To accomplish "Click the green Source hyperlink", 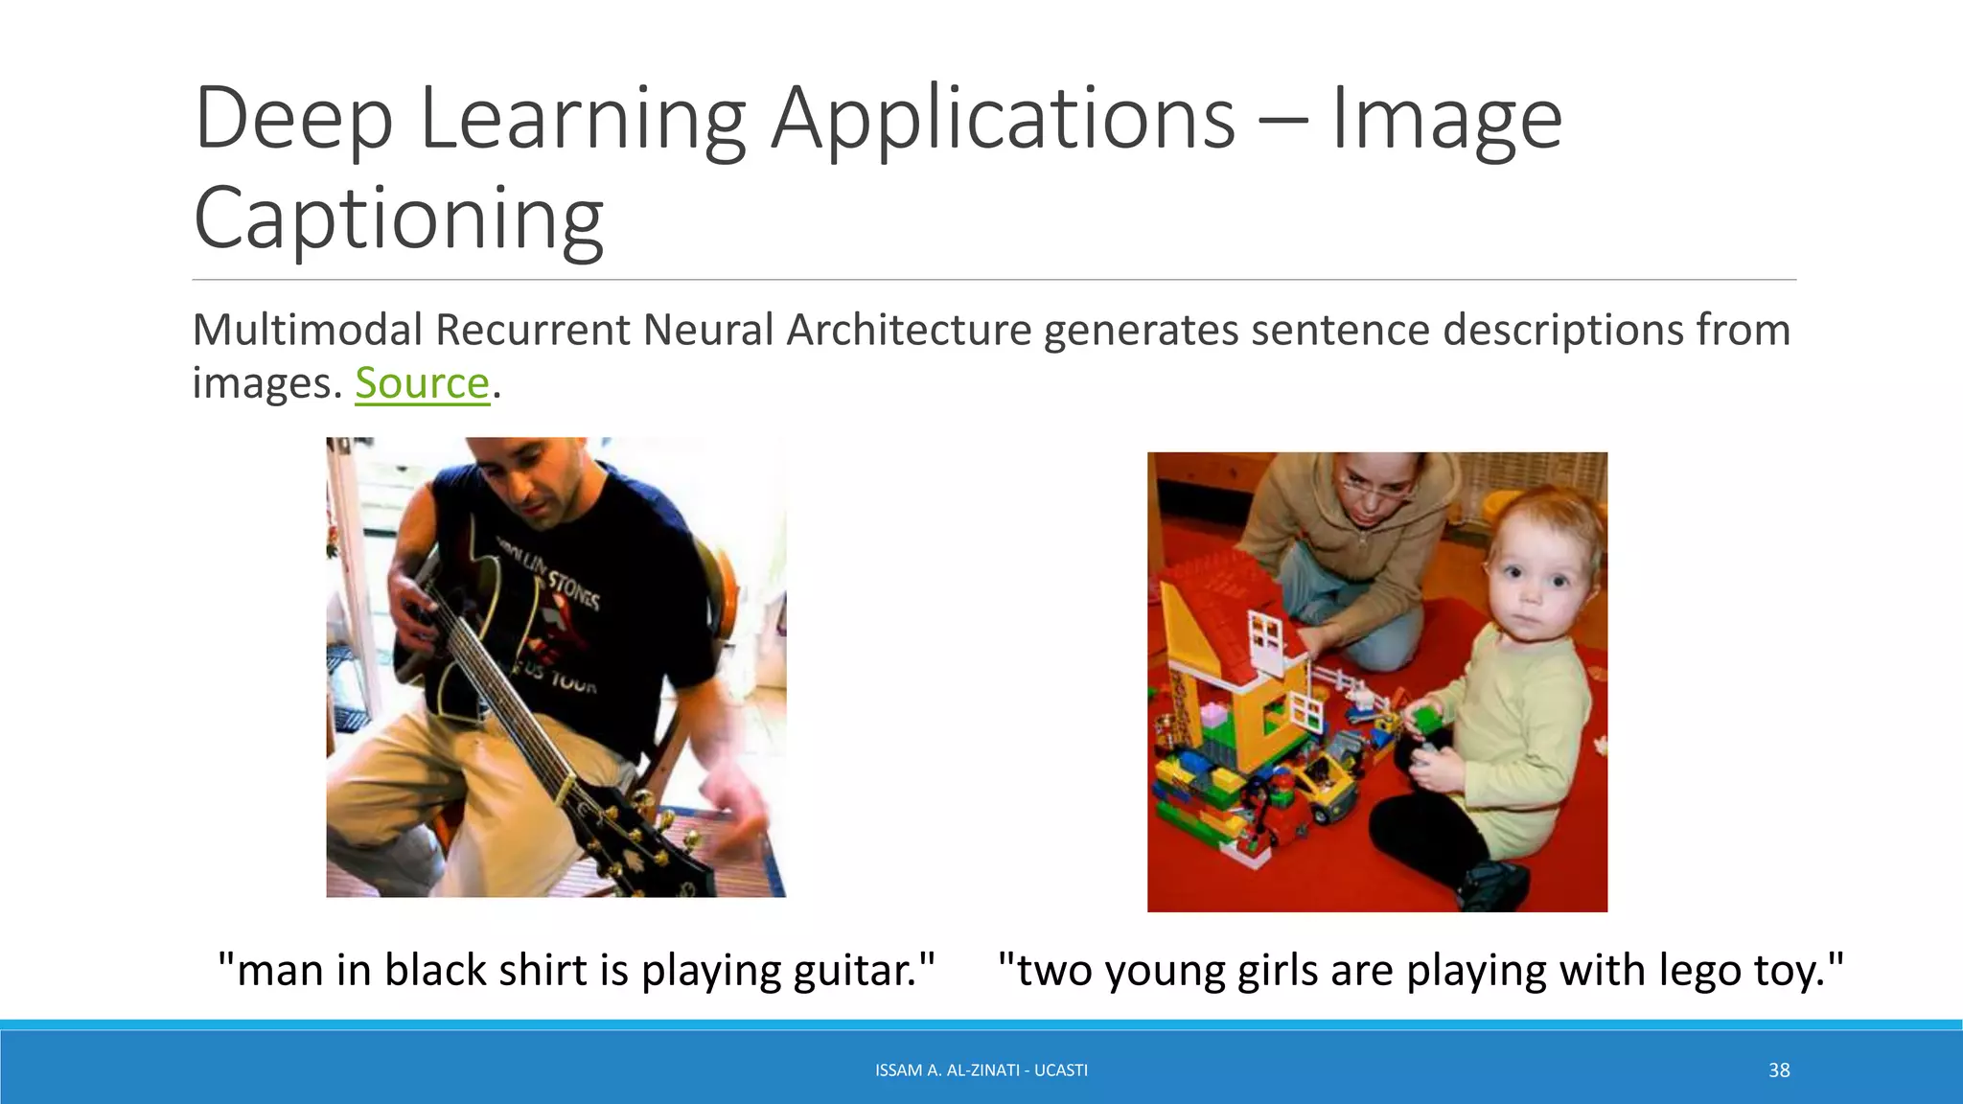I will (x=422, y=383).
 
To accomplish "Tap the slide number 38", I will (x=1779, y=1070).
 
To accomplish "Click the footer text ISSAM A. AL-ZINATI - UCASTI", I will (x=981, y=1070).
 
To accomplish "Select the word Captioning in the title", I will (x=399, y=218).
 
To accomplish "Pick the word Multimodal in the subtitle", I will (x=307, y=330).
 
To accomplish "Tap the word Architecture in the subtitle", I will (x=909, y=330).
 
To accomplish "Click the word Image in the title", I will (x=1446, y=119).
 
